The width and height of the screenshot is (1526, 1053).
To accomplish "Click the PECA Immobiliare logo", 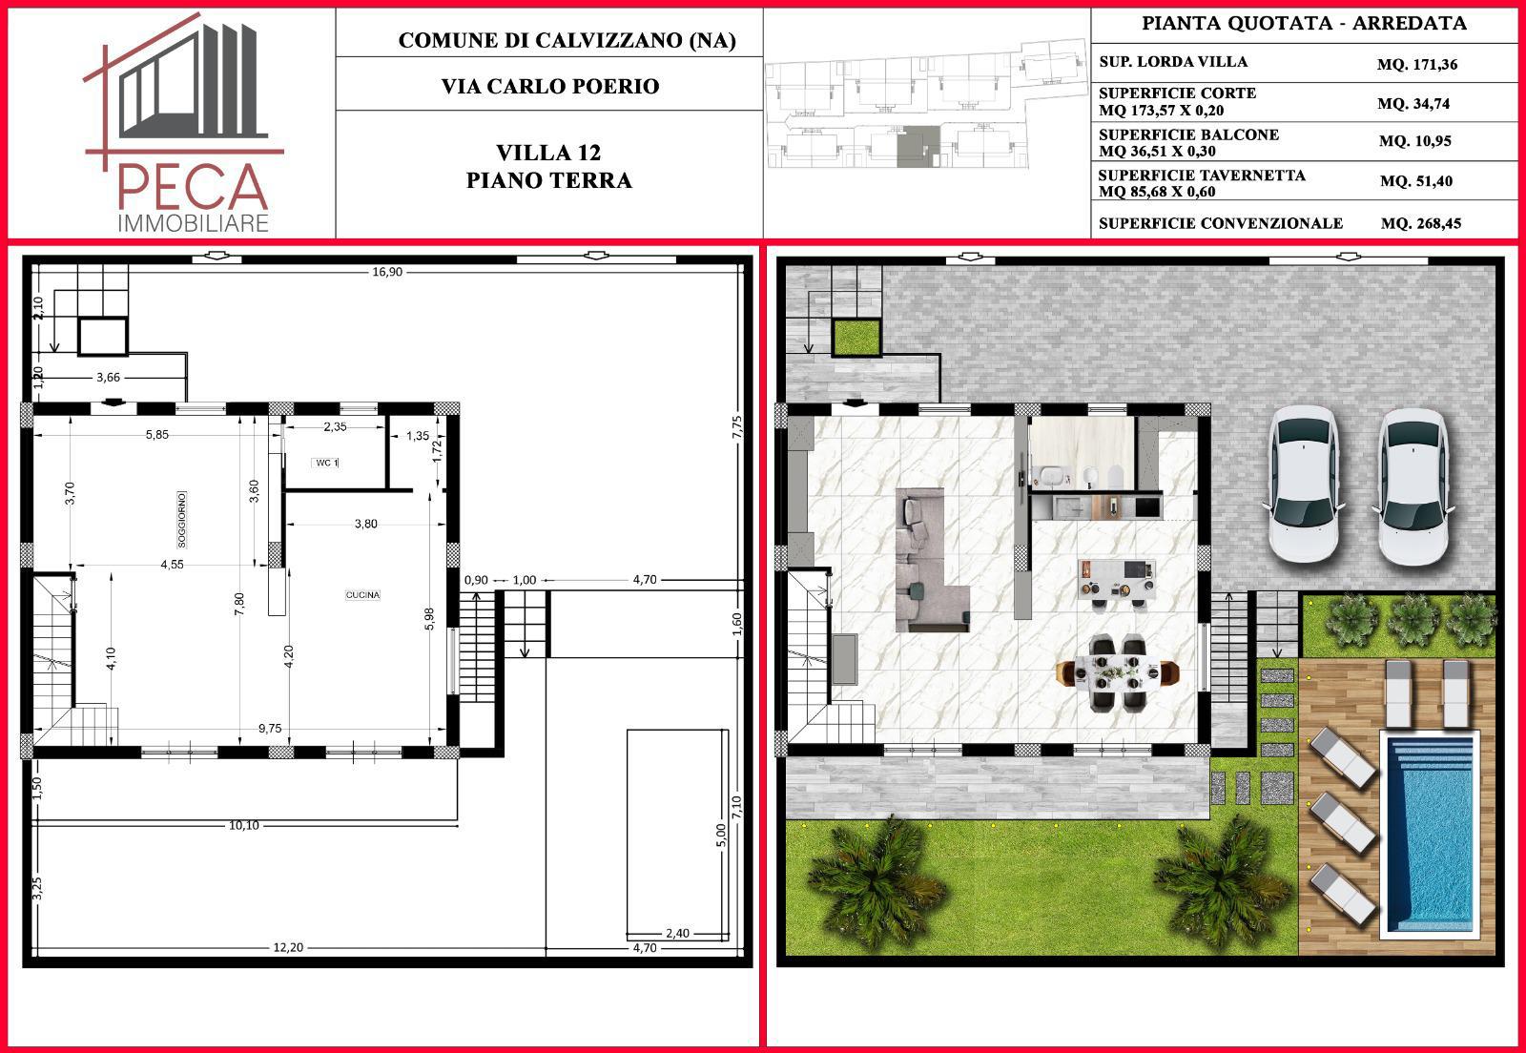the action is coord(182,123).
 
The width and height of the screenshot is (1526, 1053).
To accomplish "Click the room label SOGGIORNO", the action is coord(181,519).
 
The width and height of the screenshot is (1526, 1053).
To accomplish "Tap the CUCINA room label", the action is coord(362,594).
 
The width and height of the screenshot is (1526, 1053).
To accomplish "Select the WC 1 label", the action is coord(326,463).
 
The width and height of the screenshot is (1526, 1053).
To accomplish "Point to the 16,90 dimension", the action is coord(387,272).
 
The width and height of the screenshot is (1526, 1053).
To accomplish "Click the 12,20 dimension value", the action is coord(288,947).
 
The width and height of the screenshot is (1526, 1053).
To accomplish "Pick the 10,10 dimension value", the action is coord(244,825).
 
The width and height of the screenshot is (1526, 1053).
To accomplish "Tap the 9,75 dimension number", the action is coord(270,728).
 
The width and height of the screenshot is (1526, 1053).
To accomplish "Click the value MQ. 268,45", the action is coord(1421,223).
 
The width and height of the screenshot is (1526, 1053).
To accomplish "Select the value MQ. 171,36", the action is coord(1417,65).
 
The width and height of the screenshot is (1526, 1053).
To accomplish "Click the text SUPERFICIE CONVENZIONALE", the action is coord(1221,223).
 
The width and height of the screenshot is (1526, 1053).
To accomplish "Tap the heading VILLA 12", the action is coord(548,153).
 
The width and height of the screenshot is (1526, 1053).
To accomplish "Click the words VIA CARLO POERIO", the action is coord(550,87).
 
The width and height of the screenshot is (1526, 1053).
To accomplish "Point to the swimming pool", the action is coord(1430,835).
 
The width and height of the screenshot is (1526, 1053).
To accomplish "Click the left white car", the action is coord(1304,485).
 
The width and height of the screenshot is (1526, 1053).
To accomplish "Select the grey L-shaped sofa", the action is coord(931,561).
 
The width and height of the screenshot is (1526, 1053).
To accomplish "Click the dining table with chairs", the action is coord(1116,673).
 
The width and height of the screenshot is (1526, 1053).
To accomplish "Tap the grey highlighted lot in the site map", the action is coord(918,147).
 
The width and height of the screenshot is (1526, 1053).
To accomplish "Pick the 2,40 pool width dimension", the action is coord(677,933).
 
